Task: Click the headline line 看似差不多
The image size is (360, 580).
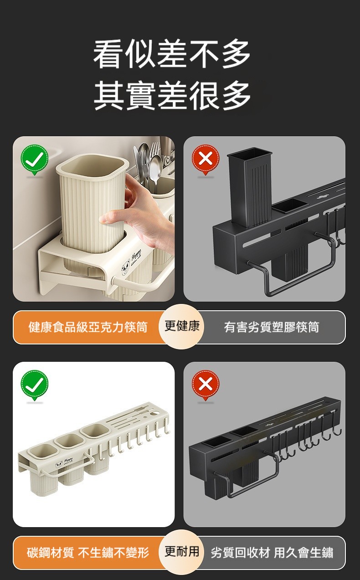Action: [172, 54]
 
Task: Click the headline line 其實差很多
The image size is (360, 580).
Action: [172, 95]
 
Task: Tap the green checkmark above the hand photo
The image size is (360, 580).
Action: [35, 159]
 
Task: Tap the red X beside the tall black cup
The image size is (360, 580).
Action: [206, 159]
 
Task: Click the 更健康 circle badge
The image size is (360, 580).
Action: [181, 326]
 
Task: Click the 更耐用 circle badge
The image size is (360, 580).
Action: [181, 552]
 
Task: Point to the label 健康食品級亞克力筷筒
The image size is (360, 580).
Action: [88, 327]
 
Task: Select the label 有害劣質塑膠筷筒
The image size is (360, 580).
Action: [272, 327]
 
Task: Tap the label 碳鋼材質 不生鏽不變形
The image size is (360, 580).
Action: [88, 553]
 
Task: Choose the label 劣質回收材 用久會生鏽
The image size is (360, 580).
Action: [272, 553]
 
